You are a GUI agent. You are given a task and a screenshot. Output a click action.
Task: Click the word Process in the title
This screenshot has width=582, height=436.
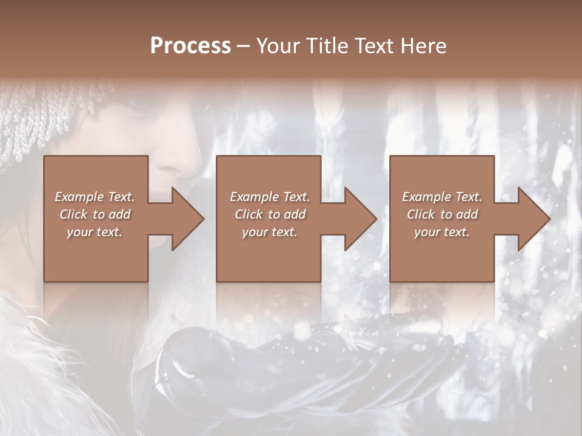(190, 46)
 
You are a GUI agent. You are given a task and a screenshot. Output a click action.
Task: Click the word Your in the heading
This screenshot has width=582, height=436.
(277, 46)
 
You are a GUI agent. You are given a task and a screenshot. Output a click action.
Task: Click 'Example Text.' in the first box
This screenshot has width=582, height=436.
(95, 197)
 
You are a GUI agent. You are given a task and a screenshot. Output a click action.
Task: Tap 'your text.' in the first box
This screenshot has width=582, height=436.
(95, 232)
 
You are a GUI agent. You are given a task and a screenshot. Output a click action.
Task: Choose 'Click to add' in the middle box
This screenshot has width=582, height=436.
(270, 214)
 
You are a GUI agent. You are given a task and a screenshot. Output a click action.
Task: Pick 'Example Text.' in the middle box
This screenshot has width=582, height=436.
(270, 197)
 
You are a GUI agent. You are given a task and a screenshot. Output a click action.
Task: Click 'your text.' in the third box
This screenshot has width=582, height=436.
(442, 232)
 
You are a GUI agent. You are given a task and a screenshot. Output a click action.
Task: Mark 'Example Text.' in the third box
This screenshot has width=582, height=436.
(442, 197)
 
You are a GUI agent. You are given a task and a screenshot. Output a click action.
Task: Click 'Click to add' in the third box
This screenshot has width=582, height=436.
(442, 214)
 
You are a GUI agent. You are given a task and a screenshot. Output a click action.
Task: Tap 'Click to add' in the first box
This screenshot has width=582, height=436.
(95, 214)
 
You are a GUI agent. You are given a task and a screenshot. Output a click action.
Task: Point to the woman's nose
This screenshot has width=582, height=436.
(182, 154)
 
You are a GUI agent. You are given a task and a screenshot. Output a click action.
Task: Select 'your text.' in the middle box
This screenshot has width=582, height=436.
(270, 232)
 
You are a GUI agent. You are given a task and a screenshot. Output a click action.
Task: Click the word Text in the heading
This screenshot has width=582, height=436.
(370, 46)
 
